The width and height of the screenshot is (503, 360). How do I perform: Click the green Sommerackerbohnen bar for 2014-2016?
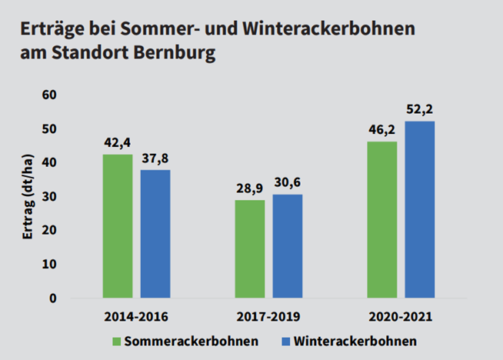tap(118, 226)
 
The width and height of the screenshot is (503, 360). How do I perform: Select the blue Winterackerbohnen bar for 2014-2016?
tap(155, 234)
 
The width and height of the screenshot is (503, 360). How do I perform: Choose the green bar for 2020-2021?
tap(381, 219)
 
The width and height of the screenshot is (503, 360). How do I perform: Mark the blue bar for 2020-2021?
tap(420, 209)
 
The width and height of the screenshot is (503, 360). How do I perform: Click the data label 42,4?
tap(118, 143)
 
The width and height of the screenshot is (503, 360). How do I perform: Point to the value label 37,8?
tap(155, 158)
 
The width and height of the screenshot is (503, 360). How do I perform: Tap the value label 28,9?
tap(249, 188)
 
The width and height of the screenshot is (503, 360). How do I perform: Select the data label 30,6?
tap(288, 183)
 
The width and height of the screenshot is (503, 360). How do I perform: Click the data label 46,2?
tap(381, 130)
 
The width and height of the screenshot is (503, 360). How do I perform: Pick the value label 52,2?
tap(420, 109)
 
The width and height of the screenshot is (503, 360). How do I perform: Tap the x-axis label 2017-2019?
tap(268, 317)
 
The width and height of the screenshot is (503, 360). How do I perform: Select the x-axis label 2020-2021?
tap(401, 317)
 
